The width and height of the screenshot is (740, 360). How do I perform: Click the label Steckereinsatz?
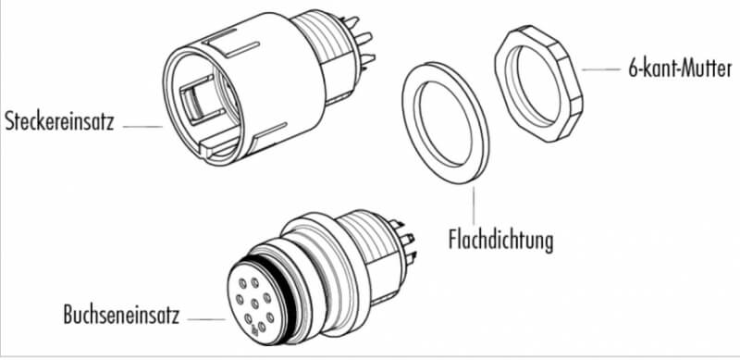coord(59,121)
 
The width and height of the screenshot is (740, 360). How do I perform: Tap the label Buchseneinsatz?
coord(122,315)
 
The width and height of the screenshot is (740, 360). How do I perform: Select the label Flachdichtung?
coord(500,241)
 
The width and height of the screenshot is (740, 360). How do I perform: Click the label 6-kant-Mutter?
coord(680,69)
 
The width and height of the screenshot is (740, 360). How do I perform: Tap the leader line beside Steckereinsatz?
coord(142,127)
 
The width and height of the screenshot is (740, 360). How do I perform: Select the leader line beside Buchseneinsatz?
coord(206,319)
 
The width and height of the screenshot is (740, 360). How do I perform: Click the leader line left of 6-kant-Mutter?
coord(601,69)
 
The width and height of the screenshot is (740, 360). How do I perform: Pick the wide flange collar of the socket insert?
coord(330,274)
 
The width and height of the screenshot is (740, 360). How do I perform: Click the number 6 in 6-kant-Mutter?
coord(634,69)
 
